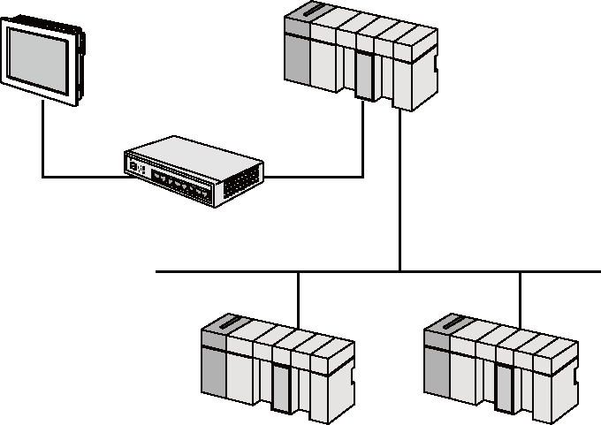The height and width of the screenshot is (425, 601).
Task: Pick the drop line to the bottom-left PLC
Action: pyautogui.click(x=299, y=296)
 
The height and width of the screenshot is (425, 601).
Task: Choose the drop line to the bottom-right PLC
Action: pyautogui.click(x=520, y=296)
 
